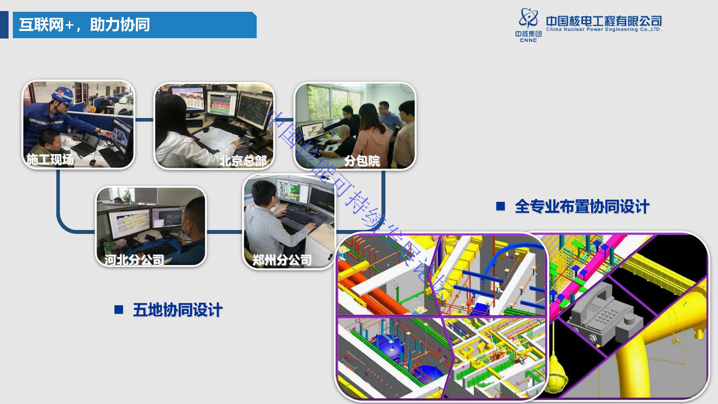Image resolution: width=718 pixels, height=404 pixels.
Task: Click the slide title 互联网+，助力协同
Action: tap(84, 25)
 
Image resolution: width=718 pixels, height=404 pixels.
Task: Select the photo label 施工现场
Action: tap(50, 159)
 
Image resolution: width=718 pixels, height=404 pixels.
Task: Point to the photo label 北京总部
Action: tap(243, 161)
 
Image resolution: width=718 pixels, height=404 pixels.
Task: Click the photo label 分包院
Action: tap(362, 161)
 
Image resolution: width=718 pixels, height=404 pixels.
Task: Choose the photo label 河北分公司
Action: tap(134, 260)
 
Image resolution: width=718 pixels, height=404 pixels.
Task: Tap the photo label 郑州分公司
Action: tap(282, 260)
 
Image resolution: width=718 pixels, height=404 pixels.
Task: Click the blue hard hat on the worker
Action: tap(62, 94)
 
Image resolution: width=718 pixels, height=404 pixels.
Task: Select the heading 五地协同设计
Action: tap(178, 310)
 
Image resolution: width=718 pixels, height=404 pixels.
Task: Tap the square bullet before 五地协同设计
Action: tap(119, 310)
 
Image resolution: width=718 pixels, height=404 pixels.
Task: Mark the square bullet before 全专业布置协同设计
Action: tap(501, 206)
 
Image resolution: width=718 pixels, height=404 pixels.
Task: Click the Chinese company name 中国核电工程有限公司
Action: tap(604, 21)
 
